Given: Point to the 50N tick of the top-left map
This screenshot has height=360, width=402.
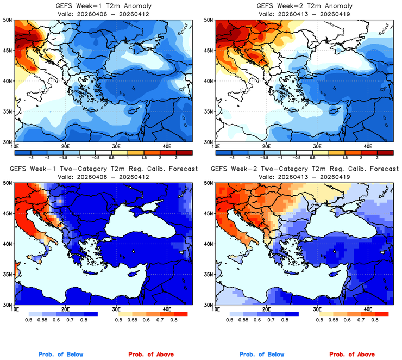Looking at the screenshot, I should tap(8, 20).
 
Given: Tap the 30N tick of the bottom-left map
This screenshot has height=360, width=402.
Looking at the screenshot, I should tap(8, 305).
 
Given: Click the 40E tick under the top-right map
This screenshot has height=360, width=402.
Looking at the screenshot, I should tap(367, 146).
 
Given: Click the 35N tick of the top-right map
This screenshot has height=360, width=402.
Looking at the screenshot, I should tap(208, 111).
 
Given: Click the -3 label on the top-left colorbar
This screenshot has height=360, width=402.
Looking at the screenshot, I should tap(30, 156).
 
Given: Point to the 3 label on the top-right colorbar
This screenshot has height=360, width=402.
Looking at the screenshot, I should tap(378, 156).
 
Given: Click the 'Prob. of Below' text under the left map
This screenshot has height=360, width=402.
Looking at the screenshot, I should tap(61, 355).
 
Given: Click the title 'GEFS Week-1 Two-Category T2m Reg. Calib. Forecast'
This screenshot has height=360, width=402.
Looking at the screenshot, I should tap(102, 169).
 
